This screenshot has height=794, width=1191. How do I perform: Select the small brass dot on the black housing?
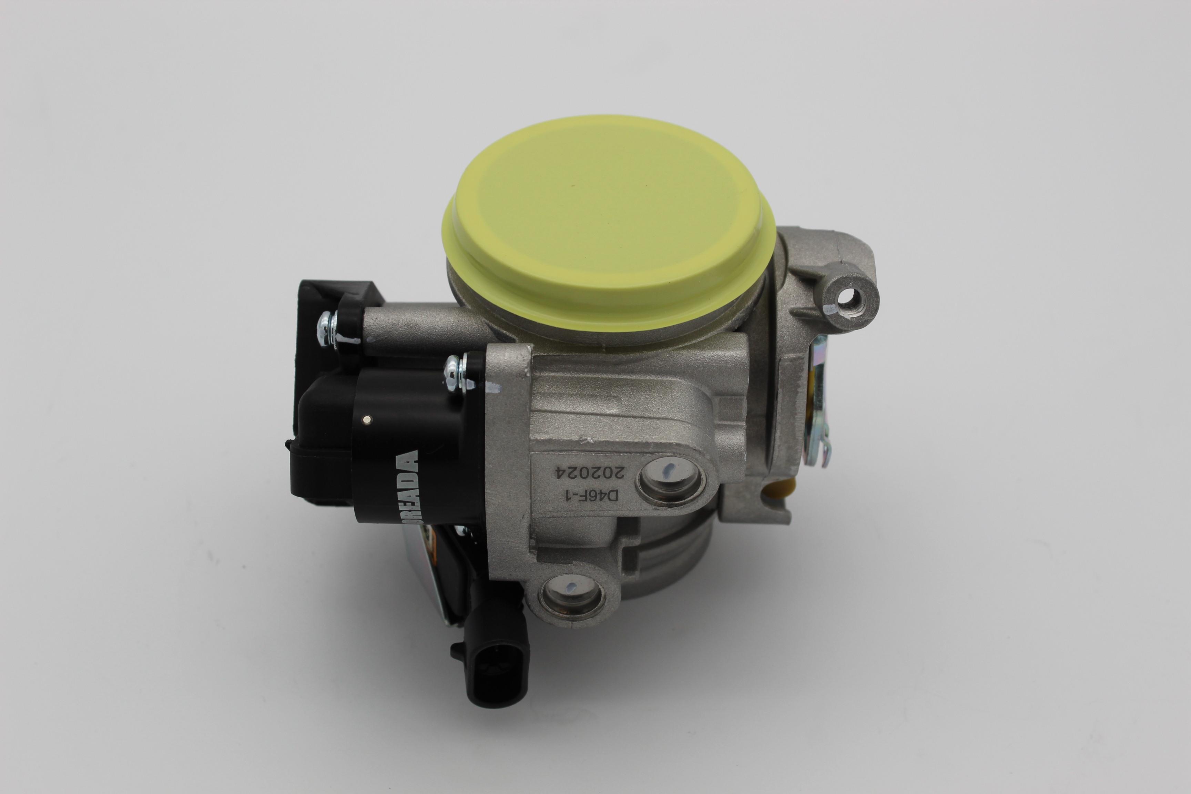[366, 419]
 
